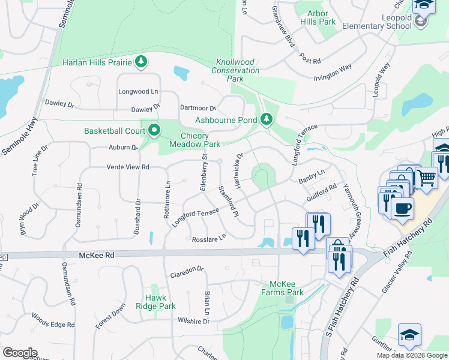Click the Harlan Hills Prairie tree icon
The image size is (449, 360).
(141, 62)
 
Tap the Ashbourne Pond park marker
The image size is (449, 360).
(267, 119)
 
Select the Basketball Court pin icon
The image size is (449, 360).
(154, 130)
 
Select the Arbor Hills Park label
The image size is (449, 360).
(321, 17)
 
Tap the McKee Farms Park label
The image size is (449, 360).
(286, 288)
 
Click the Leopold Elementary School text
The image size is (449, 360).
(377, 22)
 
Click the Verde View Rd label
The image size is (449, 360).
(128, 167)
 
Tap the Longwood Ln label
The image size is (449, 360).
(138, 92)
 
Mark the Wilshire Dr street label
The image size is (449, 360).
(193, 322)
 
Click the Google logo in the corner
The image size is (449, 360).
(20, 353)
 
